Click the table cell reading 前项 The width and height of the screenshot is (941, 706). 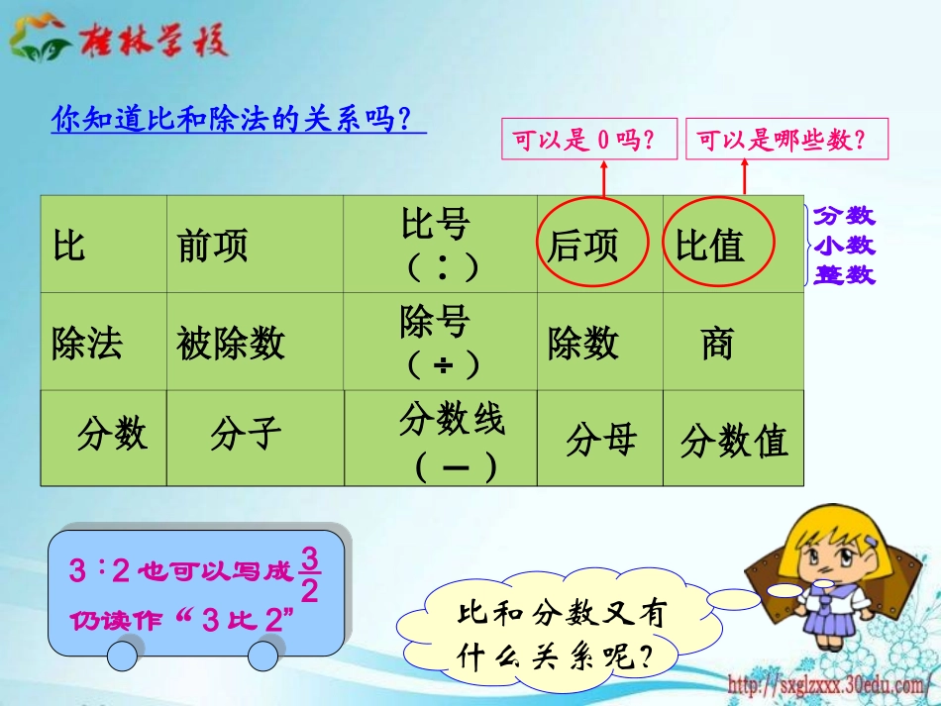click(x=213, y=246)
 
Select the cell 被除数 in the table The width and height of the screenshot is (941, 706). click(x=230, y=344)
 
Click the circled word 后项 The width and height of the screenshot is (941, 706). click(x=583, y=246)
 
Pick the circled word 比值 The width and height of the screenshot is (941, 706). click(x=710, y=246)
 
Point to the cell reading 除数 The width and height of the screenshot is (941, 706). click(x=583, y=344)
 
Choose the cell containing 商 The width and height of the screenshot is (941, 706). click(x=717, y=344)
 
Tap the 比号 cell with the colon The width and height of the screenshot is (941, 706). click(x=441, y=245)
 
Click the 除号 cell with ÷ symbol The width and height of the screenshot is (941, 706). click(x=441, y=342)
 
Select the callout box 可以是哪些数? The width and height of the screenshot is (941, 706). click(x=787, y=141)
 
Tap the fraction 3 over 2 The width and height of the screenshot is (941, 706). click(x=309, y=575)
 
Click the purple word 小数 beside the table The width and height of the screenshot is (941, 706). click(x=844, y=247)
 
